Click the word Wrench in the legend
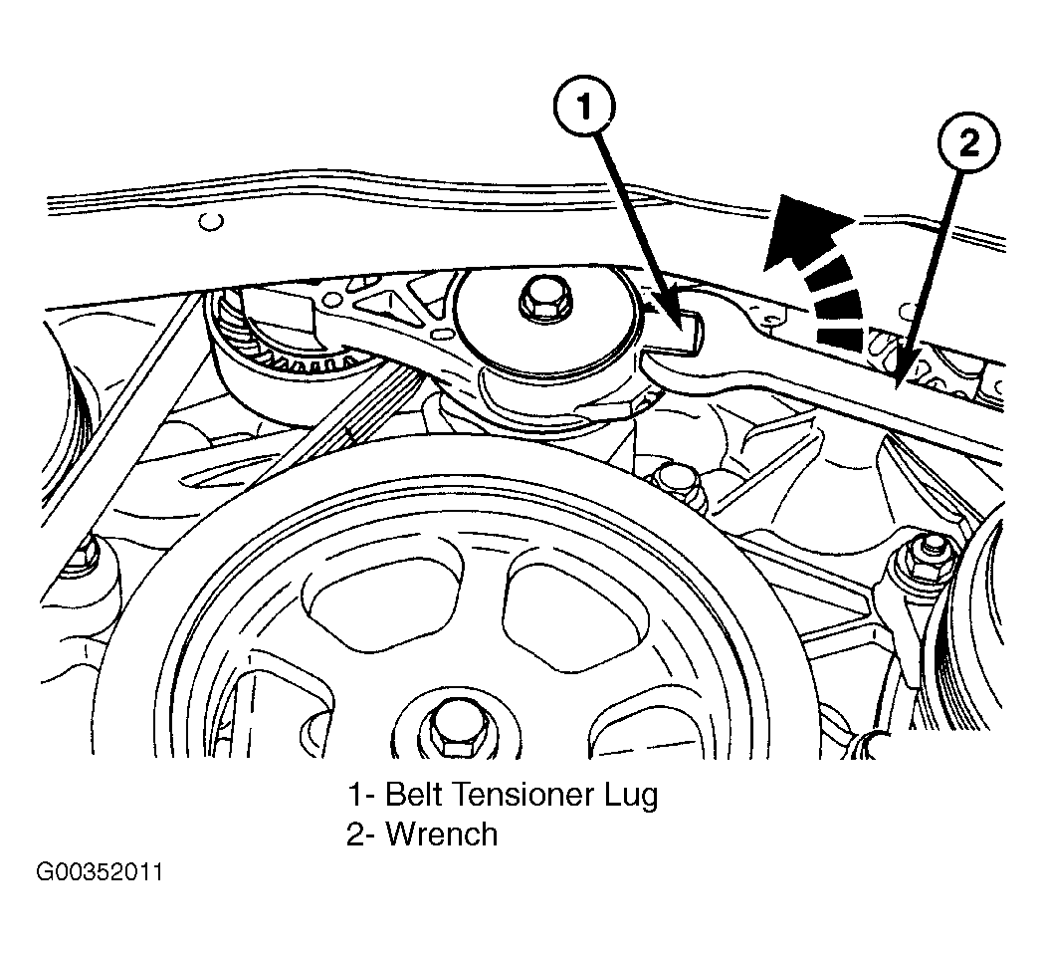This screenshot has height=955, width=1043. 441,834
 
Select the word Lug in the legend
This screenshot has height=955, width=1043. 629,797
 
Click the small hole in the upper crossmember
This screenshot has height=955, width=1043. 209,221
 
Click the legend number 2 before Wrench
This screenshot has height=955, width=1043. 356,834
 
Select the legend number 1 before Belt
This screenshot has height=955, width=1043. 355,795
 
